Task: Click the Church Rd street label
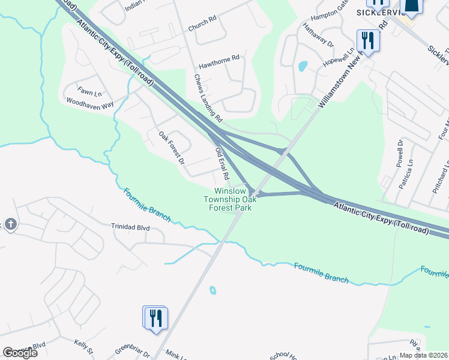pyautogui.click(x=201, y=22)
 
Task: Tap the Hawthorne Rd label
pyautogui.click(x=219, y=58)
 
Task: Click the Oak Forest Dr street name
pyautogui.click(x=171, y=148)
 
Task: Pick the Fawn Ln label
pyautogui.click(x=89, y=93)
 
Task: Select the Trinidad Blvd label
pyautogui.click(x=130, y=228)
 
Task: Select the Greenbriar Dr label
pyautogui.click(x=133, y=351)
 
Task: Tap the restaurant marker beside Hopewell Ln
pyautogui.click(x=367, y=41)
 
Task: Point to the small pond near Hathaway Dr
pyautogui.click(x=303, y=66)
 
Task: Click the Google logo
pyautogui.click(x=20, y=352)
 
